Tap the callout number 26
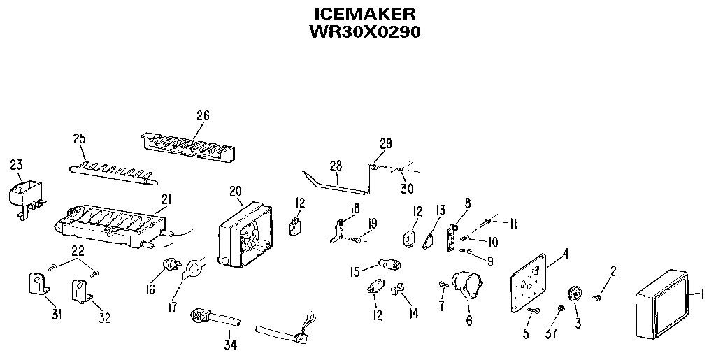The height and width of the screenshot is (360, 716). (203, 115)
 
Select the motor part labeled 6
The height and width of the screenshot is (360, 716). (466, 288)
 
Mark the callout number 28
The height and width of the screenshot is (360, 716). (336, 165)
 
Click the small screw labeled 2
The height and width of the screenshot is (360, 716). (598, 298)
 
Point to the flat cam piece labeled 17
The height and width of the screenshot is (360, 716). (194, 268)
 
